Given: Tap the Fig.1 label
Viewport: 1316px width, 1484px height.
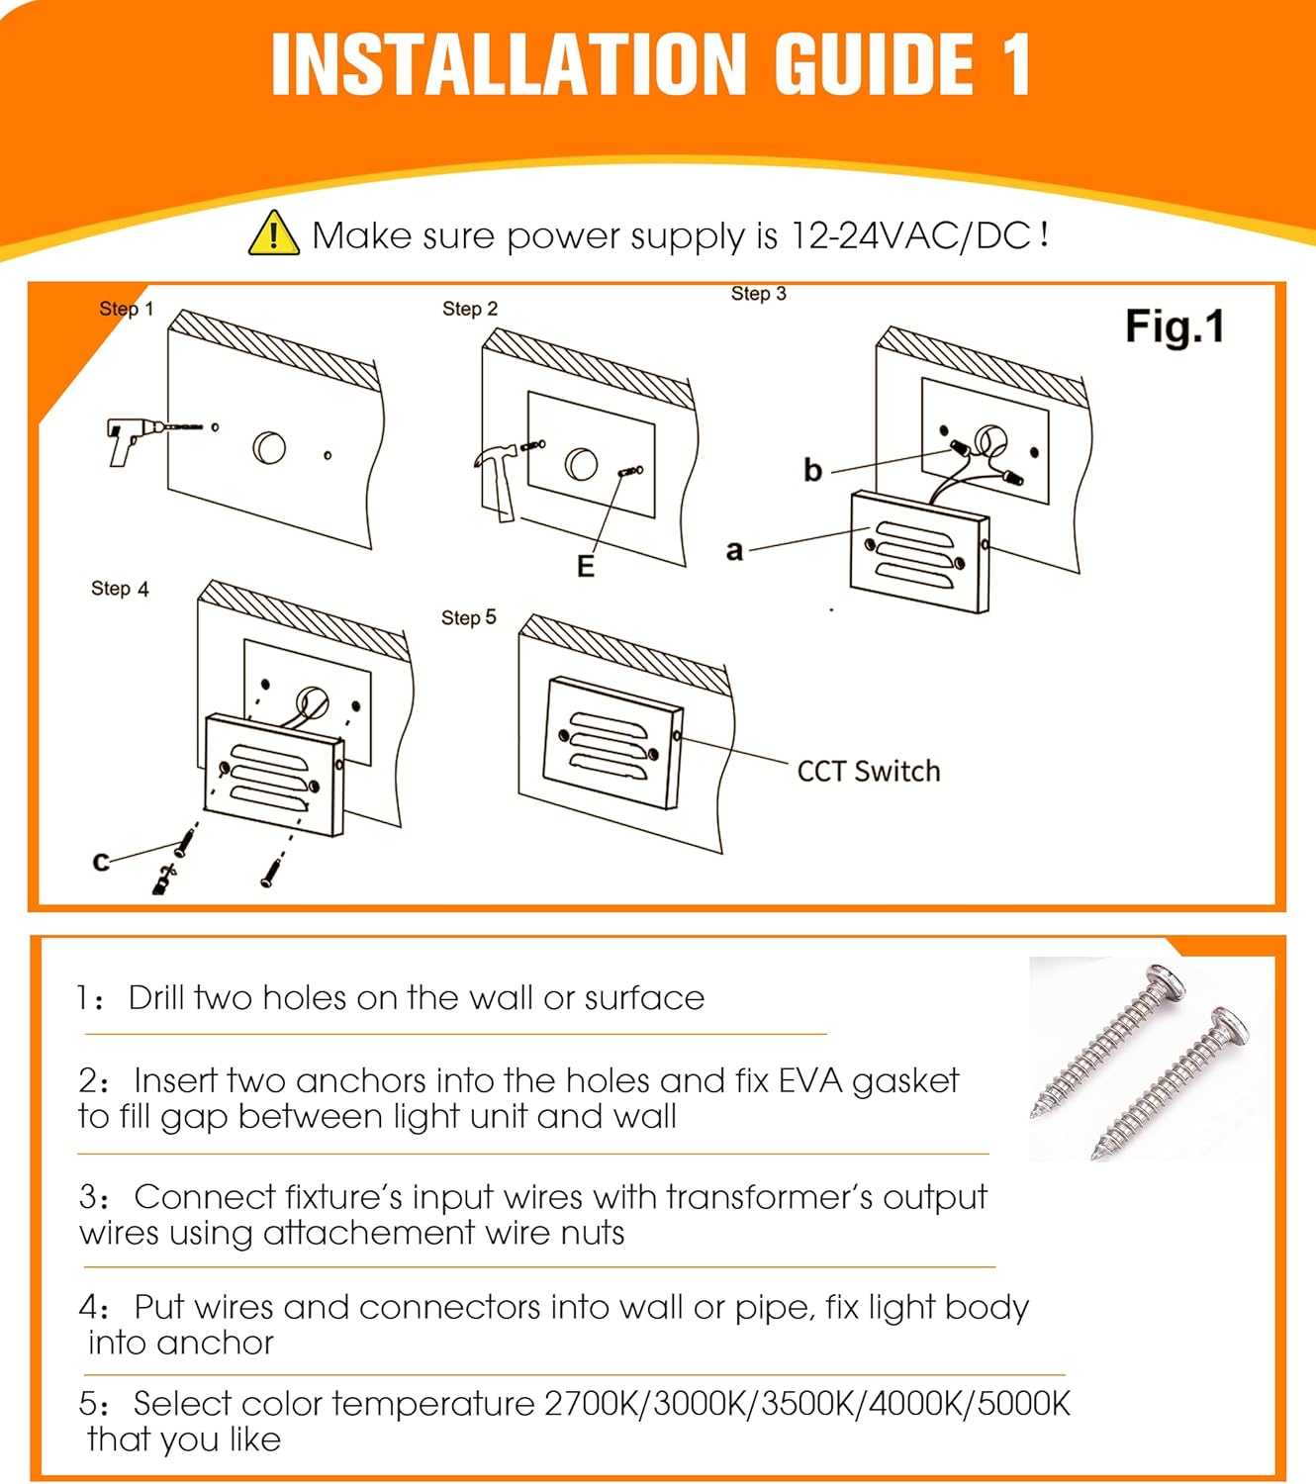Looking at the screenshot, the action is point(1175,325).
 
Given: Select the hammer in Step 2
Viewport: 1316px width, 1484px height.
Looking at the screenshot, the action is point(497,481).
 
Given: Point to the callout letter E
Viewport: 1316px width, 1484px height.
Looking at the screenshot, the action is point(586,566).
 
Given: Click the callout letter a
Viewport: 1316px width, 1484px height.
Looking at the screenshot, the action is point(734,551).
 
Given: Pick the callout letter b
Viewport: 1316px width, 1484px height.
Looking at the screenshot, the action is point(812,470).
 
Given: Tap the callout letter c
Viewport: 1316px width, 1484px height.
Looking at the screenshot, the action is point(101,862).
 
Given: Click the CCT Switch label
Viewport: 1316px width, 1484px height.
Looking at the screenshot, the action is point(869,772).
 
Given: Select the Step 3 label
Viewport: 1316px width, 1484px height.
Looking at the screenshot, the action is point(758,294).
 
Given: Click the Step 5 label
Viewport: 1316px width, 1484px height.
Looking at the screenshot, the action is point(468,617).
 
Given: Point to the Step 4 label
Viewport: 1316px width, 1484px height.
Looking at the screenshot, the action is point(120,589).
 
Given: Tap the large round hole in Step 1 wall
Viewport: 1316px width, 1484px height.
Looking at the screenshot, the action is point(269,447).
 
